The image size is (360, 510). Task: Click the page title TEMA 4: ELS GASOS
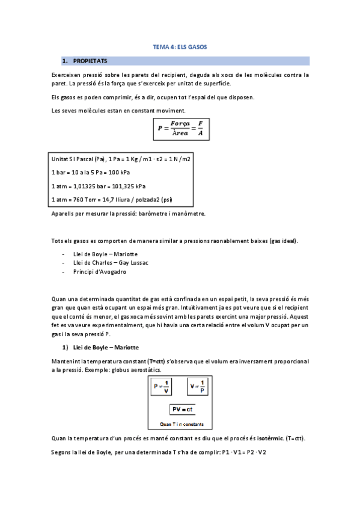[180, 46]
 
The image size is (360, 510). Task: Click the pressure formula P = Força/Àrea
[180, 127]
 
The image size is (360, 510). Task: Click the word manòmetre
[188, 214]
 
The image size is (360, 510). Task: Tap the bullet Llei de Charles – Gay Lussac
[111, 262]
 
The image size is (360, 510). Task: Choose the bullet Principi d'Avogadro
[99, 271]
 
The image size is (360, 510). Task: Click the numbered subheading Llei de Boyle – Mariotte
[105, 348]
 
